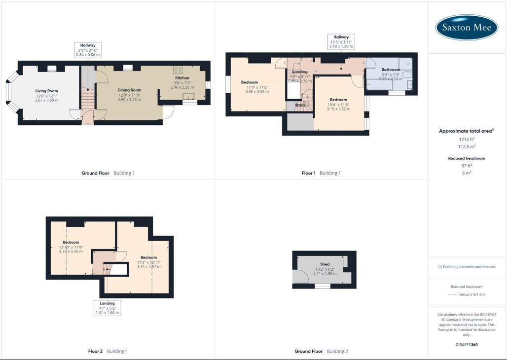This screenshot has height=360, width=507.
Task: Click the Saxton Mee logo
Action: click(x=467, y=28)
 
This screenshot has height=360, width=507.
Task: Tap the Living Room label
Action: click(x=46, y=91)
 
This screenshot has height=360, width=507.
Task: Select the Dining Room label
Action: click(x=129, y=90)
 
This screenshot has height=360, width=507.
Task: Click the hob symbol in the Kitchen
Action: click(x=178, y=70)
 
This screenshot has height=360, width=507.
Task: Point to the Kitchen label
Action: click(x=182, y=78)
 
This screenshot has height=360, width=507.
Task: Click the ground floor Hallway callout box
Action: click(x=88, y=50)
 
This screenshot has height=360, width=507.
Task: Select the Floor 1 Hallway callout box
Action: click(x=341, y=41)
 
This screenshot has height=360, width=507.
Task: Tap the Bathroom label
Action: click(x=391, y=70)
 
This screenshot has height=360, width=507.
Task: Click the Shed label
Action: click(x=325, y=264)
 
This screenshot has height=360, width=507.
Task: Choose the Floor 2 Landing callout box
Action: click(x=107, y=308)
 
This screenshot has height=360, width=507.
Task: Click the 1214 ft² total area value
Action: click(x=466, y=140)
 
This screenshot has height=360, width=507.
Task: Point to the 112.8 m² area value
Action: click(x=466, y=146)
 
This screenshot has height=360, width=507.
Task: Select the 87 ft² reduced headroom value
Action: click(x=466, y=166)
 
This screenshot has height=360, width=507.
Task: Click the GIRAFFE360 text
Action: click(x=467, y=345)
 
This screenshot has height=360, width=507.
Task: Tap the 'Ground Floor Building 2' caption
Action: click(x=321, y=351)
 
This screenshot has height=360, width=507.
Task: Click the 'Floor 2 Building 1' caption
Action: click(x=108, y=351)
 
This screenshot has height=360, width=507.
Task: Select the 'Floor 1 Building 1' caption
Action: click(x=321, y=173)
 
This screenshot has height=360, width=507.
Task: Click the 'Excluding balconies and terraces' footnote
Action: click(x=467, y=267)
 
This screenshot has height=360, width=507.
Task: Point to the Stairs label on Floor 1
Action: click(x=300, y=105)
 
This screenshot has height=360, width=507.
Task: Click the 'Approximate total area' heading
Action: click(x=466, y=131)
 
